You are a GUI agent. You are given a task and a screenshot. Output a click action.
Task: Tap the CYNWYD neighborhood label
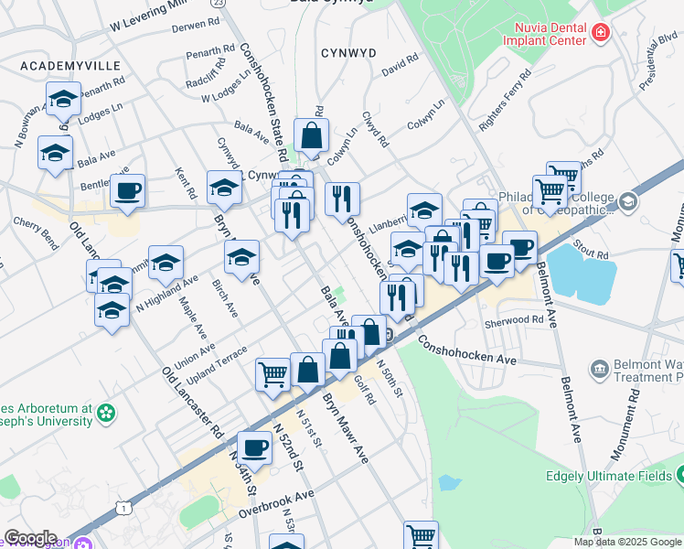(x=348, y=53)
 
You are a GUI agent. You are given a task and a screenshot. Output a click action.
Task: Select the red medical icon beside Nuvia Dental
(x=600, y=34)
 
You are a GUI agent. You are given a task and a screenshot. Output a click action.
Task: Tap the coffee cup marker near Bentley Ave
(x=127, y=191)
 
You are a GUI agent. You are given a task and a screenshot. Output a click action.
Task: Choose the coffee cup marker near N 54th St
(x=254, y=447)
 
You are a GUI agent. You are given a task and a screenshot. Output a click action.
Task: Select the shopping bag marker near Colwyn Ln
(x=312, y=135)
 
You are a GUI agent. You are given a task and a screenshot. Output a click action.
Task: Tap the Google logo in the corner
(x=30, y=538)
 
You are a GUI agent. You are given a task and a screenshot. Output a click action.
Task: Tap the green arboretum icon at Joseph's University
(x=107, y=413)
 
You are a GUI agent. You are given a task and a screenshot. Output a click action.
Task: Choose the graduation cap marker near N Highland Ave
(x=166, y=263)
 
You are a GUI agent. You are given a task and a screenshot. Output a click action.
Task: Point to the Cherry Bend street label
(x=36, y=232)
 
